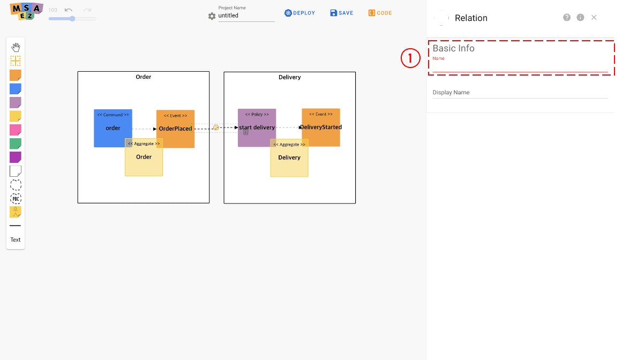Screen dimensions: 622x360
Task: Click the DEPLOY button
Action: tap(300, 13)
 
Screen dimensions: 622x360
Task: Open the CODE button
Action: tap(380, 13)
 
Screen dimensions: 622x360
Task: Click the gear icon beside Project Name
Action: tap(212, 16)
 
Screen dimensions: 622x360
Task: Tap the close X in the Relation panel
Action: tap(594, 18)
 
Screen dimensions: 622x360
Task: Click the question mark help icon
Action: tap(567, 18)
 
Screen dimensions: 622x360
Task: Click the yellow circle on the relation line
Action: tap(216, 127)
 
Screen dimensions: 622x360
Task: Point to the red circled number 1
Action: tap(410, 58)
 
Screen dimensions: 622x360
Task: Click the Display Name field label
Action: tap(451, 92)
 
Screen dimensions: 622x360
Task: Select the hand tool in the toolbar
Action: tap(16, 48)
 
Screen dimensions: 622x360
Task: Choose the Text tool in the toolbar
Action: tap(16, 239)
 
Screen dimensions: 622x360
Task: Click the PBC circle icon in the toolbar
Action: tap(16, 199)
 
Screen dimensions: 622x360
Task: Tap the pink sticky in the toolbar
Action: tap(16, 130)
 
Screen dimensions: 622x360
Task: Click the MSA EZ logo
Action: tap(26, 11)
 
